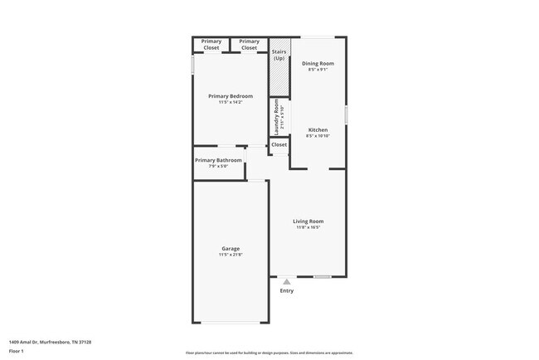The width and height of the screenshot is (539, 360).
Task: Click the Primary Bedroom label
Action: [x=230, y=96]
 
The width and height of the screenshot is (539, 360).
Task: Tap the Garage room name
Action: [x=231, y=248]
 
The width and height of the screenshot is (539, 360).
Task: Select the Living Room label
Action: [x=308, y=221]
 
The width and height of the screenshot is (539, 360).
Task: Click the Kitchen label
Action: [x=318, y=129]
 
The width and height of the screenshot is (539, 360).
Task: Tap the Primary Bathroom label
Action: [x=218, y=160]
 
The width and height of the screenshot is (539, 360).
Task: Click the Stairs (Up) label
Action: [x=279, y=55]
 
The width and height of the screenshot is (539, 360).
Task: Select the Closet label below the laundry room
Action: [x=279, y=144]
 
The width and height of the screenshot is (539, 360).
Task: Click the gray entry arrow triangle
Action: [x=287, y=282]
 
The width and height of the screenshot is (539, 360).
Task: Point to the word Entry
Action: [x=287, y=291]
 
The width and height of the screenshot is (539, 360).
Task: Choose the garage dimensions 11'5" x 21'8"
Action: [x=231, y=255]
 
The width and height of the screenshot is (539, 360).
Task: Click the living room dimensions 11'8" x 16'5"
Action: [x=308, y=227]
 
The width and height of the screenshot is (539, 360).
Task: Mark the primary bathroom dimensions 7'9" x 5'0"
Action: [x=218, y=167]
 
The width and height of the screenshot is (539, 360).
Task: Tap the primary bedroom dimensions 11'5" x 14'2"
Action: [x=230, y=103]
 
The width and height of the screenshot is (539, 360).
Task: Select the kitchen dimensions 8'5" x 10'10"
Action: [x=318, y=136]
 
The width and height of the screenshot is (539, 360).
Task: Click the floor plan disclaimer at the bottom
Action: [x=269, y=352]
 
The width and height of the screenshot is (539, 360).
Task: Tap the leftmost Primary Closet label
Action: [x=211, y=45]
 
